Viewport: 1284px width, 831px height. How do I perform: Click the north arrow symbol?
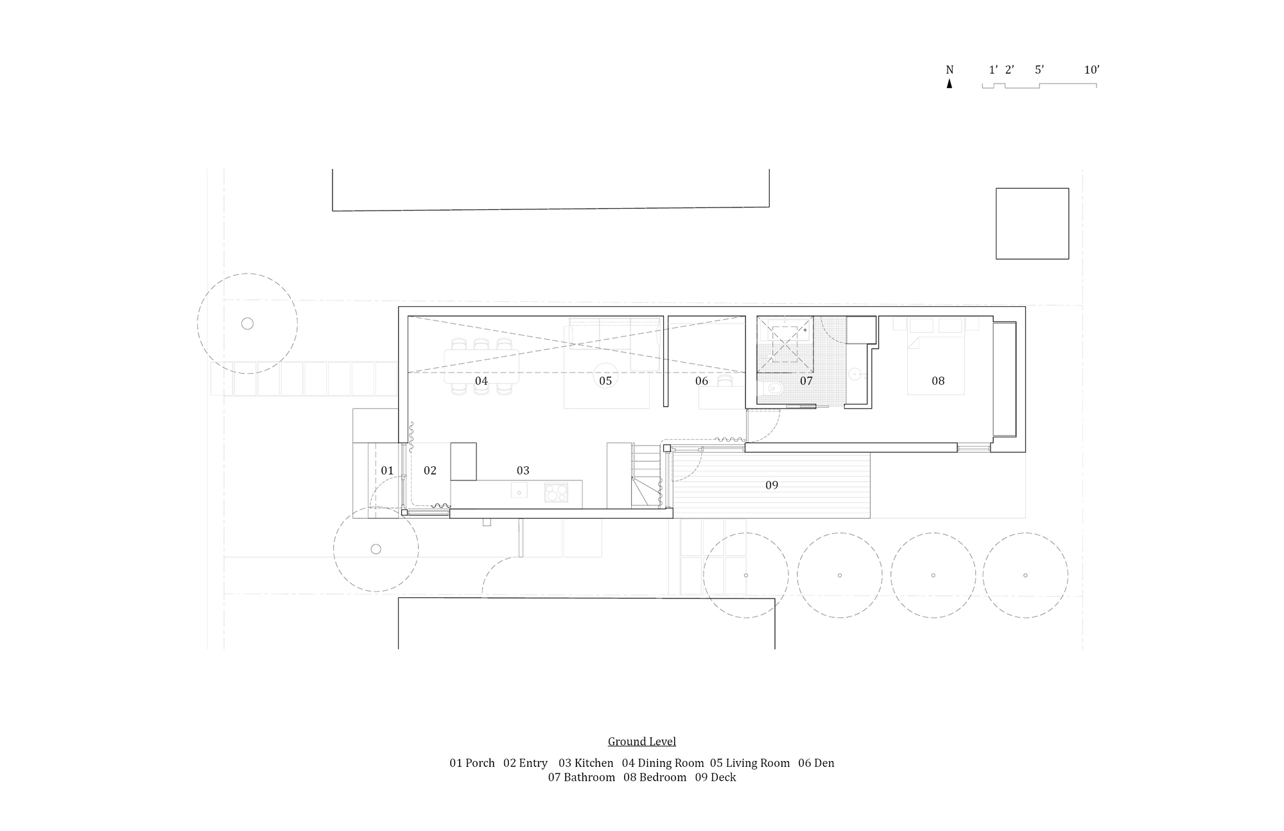(950, 83)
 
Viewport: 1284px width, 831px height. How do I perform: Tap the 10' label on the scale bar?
(1091, 70)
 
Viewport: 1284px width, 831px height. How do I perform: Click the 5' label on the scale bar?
(1039, 70)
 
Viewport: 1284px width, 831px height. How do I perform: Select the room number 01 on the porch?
(387, 471)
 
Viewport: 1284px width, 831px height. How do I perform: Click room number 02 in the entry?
(430, 471)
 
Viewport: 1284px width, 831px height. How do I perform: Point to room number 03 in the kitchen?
(523, 471)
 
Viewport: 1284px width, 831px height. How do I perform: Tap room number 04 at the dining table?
(481, 381)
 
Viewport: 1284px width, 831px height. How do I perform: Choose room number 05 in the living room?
(605, 381)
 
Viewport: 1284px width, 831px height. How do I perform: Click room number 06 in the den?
(702, 381)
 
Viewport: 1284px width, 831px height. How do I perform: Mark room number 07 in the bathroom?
(806, 381)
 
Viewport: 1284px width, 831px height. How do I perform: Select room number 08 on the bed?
(938, 381)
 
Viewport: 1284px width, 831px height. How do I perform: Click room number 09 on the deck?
(772, 485)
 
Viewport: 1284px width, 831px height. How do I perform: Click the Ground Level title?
(642, 742)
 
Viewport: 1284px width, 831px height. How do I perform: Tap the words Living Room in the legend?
(758, 763)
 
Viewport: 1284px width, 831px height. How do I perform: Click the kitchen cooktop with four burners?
(557, 493)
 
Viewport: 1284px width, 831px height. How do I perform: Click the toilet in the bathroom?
(774, 388)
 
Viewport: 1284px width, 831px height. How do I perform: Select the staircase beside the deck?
(646, 476)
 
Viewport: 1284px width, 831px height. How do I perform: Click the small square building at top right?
(1032, 223)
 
